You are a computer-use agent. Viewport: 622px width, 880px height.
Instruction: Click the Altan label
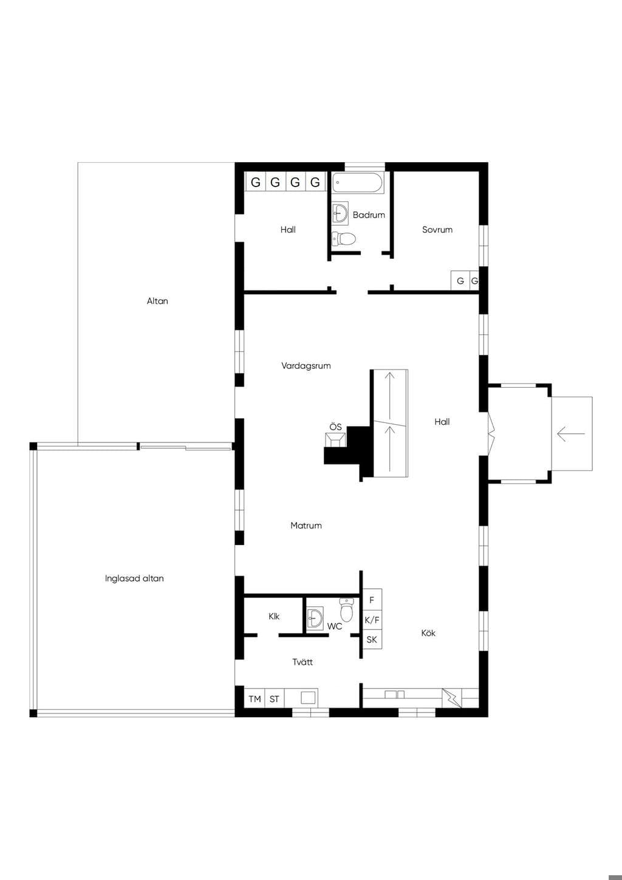[x=157, y=301]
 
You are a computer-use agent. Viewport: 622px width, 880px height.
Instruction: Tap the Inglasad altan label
[x=134, y=579]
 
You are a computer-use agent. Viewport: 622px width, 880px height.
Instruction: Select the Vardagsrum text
[x=306, y=366]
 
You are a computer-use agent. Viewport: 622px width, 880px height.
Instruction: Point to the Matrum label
[x=306, y=526]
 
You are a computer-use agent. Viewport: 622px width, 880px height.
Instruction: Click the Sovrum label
[x=437, y=230]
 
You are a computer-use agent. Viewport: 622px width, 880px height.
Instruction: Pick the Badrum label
[x=369, y=215]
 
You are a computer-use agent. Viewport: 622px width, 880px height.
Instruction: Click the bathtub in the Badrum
[x=357, y=183]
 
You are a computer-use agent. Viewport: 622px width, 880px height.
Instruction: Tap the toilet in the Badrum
[x=344, y=238]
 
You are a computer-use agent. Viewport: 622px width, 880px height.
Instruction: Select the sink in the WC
[x=315, y=618]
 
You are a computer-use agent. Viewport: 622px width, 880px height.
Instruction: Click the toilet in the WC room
[x=346, y=610]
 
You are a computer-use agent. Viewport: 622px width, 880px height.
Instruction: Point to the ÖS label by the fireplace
[x=336, y=427]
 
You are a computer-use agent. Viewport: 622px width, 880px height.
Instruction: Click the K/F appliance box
[x=372, y=620]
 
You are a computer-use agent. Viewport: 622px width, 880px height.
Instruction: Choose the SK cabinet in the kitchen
[x=372, y=639]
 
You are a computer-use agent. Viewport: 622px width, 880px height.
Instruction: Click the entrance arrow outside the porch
[x=571, y=434]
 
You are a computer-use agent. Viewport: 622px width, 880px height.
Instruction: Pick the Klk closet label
[x=274, y=616]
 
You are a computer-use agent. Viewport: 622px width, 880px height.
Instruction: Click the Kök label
[x=428, y=633]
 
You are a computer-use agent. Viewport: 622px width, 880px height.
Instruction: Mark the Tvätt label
[x=302, y=662]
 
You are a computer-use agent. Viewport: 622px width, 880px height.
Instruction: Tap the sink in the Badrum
[x=340, y=213]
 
